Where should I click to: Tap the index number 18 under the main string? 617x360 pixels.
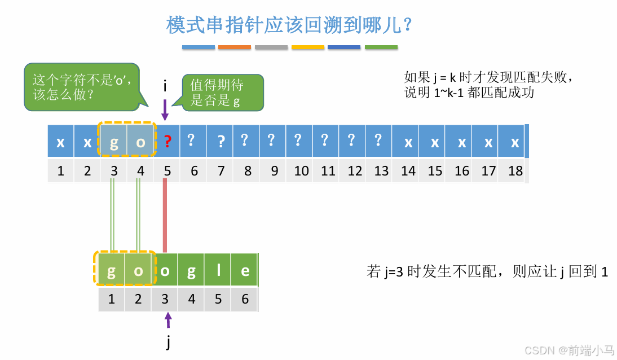[515, 170]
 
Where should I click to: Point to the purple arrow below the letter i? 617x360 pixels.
[165, 109]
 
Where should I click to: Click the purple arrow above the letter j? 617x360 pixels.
[168, 320]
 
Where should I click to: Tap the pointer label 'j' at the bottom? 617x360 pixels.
[168, 343]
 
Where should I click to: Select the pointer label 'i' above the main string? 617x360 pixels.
[165, 86]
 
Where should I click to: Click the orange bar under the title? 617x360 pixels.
[234, 47]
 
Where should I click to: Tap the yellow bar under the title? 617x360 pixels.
[308, 47]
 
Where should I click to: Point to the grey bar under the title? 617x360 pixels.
[271, 47]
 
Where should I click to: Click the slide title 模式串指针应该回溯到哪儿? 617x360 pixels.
[290, 25]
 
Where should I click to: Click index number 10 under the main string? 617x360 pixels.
[301, 170]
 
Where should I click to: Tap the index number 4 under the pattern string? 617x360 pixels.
[192, 299]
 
